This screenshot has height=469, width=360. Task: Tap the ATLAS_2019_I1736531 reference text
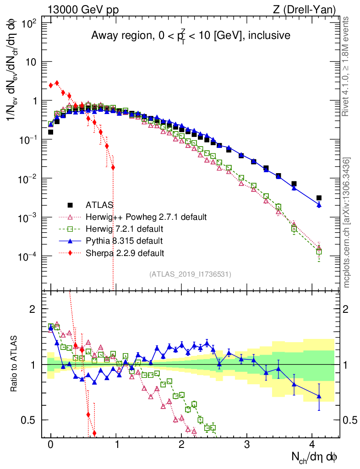(190, 274)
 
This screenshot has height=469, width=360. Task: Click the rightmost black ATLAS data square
(319, 198)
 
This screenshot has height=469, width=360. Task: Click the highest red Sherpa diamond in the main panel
(57, 83)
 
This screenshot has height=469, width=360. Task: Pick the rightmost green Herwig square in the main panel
(319, 251)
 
